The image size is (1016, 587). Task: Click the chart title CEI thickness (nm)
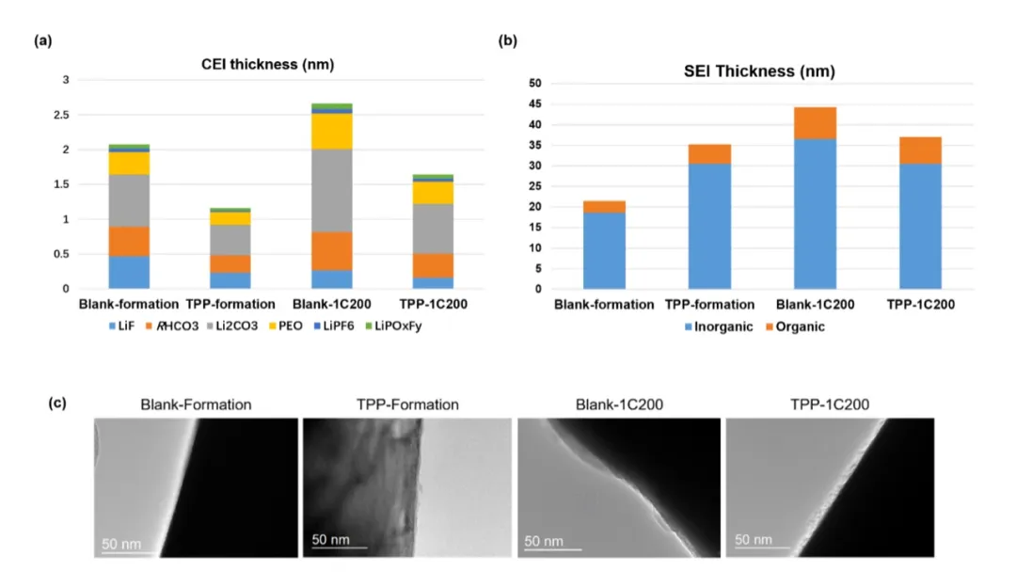click(268, 65)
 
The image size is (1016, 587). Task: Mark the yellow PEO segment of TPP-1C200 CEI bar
click(432, 193)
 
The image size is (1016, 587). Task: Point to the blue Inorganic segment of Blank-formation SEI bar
click(604, 250)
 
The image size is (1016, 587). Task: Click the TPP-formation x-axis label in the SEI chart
click(709, 305)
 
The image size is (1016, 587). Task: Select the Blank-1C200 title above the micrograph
click(619, 405)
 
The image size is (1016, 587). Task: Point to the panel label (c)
click(56, 403)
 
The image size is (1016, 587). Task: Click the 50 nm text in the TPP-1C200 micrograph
click(754, 540)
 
